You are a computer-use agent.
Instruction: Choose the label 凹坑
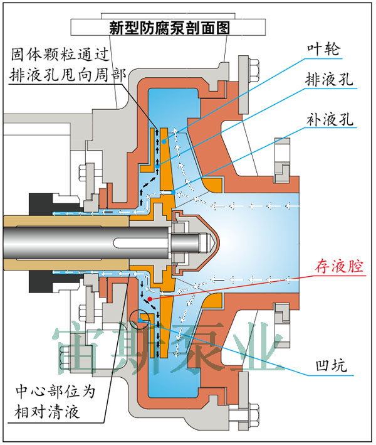coord(332,365)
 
